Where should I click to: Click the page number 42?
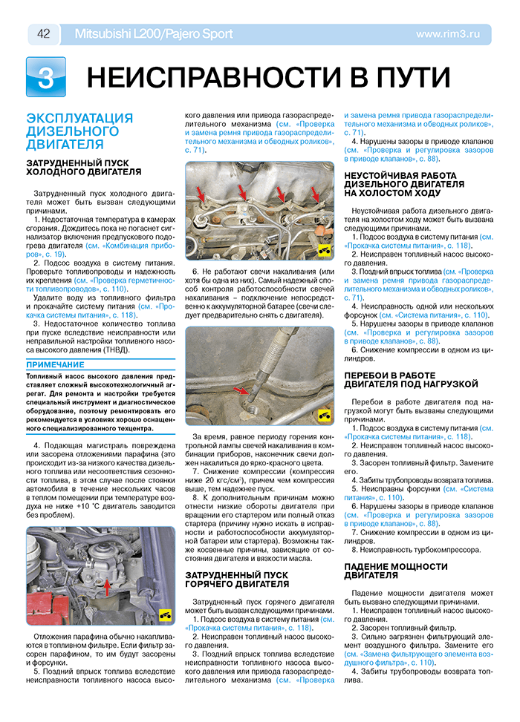(43, 34)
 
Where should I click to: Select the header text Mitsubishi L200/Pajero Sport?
(154, 34)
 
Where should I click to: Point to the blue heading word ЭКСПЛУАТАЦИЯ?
(79, 119)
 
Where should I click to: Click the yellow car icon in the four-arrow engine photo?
(324, 251)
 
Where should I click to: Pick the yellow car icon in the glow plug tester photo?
(324, 414)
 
